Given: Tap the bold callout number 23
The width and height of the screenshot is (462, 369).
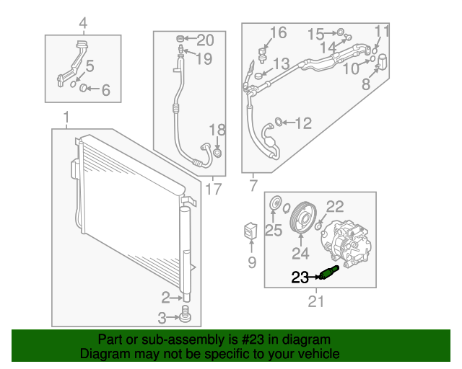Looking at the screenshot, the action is click(300, 277).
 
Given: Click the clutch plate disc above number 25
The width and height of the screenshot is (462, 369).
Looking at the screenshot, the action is click(276, 203).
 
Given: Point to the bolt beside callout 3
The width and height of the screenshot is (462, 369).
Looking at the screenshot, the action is click(186, 314).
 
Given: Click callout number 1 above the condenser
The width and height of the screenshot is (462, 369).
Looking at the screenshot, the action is click(66, 117).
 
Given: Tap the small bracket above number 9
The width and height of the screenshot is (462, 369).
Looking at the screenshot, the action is click(250, 231).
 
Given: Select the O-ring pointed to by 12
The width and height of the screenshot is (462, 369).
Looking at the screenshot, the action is click(278, 121).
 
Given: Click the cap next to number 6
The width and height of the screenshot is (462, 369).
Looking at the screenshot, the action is click(84, 87).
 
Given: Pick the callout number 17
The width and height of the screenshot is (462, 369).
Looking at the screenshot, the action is click(214, 189).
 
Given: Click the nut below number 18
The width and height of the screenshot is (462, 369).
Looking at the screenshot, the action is click(217, 153).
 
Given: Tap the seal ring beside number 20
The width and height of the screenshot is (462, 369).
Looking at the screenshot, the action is click(180, 38).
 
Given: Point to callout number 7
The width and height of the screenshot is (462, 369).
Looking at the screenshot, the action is click(253, 186).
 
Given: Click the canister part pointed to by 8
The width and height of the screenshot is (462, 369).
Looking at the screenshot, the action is click(382, 62).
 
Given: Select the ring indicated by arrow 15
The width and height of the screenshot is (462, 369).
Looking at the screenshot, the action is click(340, 32).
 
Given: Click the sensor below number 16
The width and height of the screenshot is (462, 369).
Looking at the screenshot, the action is click(262, 55).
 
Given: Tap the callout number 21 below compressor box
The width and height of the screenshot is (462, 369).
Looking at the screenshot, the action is click(316, 301).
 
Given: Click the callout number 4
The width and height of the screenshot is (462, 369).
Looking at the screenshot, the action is click(84, 23).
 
